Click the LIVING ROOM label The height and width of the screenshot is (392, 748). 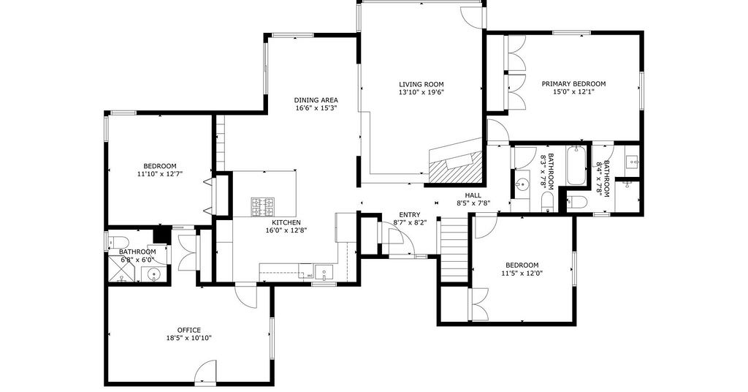(x=421, y=84)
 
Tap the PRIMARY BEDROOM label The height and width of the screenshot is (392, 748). (x=573, y=84)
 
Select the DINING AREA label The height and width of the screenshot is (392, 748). (x=316, y=100)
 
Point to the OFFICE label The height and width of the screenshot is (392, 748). (x=189, y=330)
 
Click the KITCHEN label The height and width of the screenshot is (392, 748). (x=286, y=222)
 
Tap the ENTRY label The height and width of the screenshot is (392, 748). (x=410, y=215)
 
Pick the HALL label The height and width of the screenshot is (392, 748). (x=473, y=195)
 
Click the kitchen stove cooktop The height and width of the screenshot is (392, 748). (x=263, y=207)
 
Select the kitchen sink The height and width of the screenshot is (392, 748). (x=324, y=274)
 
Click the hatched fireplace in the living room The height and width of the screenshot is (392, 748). (x=456, y=168)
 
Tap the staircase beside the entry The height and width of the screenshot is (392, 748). (x=454, y=249)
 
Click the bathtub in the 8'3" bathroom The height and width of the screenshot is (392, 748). (x=577, y=165)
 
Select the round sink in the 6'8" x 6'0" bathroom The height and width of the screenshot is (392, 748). (x=153, y=274)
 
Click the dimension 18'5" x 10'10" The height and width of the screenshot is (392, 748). (x=188, y=338)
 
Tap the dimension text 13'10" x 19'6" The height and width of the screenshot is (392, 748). (x=421, y=92)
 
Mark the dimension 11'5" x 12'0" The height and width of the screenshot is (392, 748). (x=522, y=274)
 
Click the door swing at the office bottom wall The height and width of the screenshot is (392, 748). (x=207, y=372)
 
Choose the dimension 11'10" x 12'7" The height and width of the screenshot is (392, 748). (x=160, y=174)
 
